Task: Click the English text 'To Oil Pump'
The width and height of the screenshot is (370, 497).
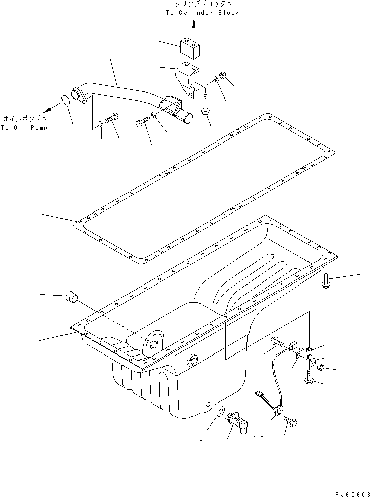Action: tap(24, 128)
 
